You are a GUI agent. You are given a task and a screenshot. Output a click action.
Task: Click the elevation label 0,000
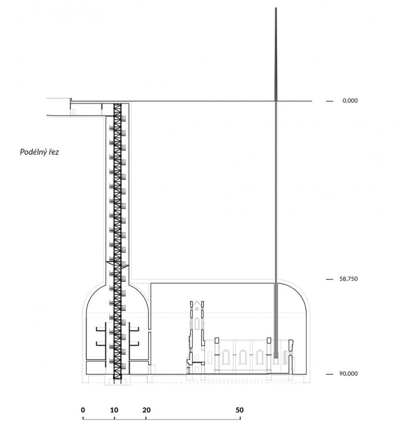pos(350,101)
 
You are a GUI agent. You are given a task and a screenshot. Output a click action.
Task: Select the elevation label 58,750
pos(348,279)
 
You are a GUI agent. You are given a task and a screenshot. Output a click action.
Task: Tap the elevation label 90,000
pos(348,373)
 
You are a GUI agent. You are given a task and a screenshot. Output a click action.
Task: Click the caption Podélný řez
pos(39,152)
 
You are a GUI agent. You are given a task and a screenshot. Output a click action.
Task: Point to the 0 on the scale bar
pos(83,410)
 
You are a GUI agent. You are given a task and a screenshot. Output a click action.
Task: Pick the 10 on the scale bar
pos(114,410)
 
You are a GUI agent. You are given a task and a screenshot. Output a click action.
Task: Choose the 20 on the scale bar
pos(146,410)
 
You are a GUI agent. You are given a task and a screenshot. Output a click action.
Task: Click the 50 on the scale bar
pos(240,410)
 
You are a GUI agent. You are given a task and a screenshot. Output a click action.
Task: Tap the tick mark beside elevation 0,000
pos(329,101)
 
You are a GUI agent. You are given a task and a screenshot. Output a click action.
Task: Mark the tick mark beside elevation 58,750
pos(329,279)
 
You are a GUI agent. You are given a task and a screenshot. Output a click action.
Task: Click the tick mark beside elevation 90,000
pos(329,374)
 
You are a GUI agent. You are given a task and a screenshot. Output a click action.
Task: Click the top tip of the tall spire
pos(276,8)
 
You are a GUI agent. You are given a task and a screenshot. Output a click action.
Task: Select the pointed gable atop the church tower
pos(196,306)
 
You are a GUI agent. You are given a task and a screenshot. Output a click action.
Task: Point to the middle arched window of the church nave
pos(243,357)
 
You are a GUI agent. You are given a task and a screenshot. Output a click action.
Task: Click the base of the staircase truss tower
pos(117,377)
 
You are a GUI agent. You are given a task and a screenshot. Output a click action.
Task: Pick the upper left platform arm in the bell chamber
pos(101,329)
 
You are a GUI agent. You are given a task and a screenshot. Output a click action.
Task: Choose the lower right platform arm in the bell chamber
pos(134,344)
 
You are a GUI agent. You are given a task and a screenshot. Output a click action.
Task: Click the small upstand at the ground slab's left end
pos(71,100)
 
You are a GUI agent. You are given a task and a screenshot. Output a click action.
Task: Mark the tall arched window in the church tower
pos(196,324)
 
